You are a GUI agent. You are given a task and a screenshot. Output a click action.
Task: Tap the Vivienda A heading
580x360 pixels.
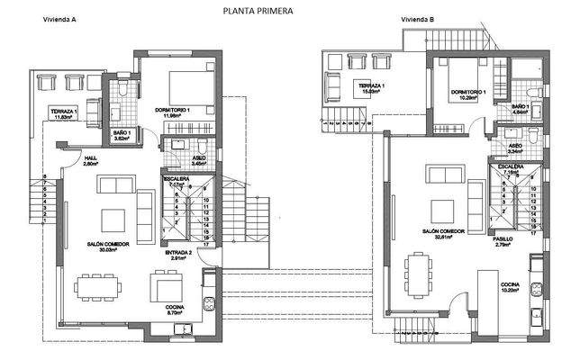point(51,19)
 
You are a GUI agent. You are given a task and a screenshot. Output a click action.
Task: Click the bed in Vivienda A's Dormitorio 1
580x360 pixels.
point(194,83)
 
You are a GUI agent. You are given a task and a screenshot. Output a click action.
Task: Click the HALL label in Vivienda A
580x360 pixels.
point(90,158)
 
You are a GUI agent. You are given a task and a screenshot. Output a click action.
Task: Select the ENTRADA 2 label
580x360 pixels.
point(178,253)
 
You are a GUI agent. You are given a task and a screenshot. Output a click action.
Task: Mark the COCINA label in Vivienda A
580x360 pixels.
point(177,306)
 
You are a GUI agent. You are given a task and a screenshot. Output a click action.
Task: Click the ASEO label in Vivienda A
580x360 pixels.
point(199,157)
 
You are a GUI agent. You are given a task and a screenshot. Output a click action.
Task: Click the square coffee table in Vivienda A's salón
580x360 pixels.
point(113,220)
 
